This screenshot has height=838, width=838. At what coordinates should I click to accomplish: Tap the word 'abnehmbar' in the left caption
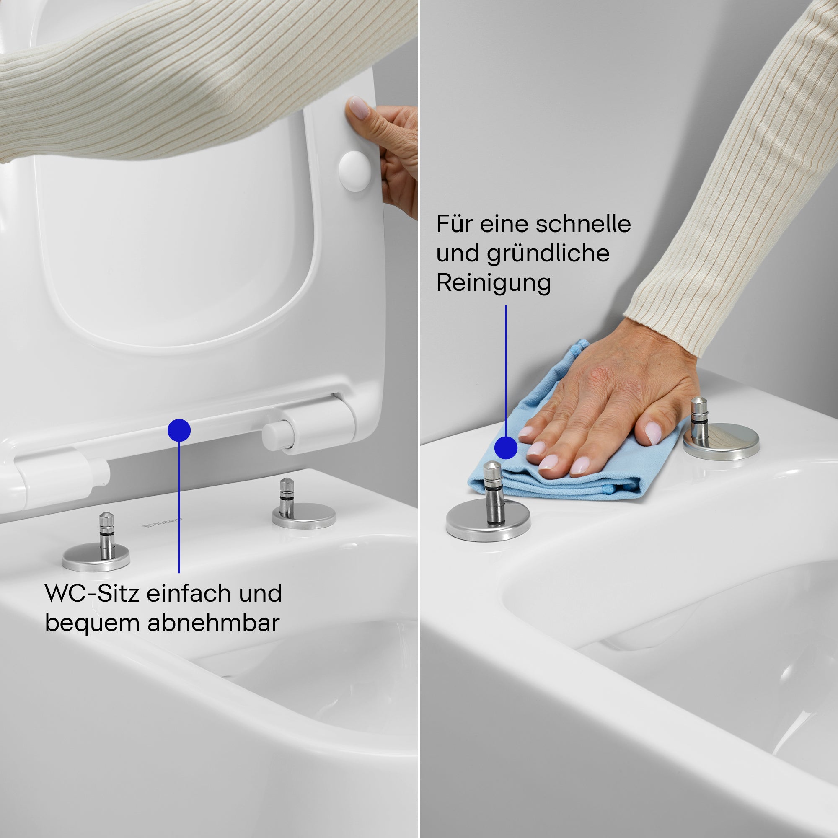213,623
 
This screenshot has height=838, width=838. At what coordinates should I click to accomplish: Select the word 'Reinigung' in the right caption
494,283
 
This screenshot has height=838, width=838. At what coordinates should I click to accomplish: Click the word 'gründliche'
548,254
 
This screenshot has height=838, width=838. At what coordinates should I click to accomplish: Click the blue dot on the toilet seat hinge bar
179,430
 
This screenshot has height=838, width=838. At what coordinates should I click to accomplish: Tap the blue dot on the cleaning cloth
506,447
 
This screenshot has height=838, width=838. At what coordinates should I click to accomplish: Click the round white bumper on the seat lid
354,171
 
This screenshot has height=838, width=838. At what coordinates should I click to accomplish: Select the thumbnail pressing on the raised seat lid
359,108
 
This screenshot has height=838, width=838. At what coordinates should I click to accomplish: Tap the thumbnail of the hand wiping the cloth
653,432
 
